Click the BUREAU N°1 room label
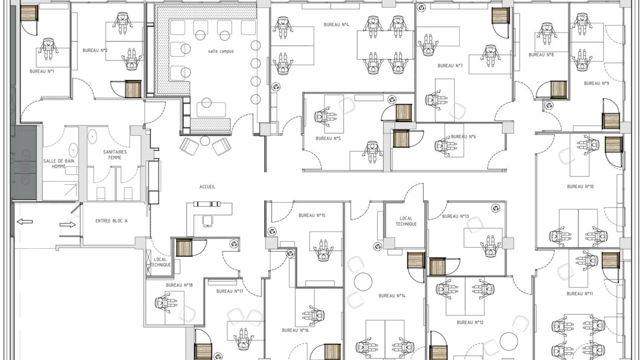(x=41, y=72)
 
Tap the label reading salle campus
(x=221, y=51)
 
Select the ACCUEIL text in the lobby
(x=207, y=187)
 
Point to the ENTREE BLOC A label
(x=111, y=221)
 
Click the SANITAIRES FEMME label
(x=115, y=155)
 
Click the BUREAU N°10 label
(x=580, y=187)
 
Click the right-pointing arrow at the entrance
(x=67, y=225)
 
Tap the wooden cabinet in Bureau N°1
(x=29, y=13)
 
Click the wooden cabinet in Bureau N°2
(x=133, y=89)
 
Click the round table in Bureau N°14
(x=363, y=281)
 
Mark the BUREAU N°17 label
(x=230, y=291)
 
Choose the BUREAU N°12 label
(x=470, y=322)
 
